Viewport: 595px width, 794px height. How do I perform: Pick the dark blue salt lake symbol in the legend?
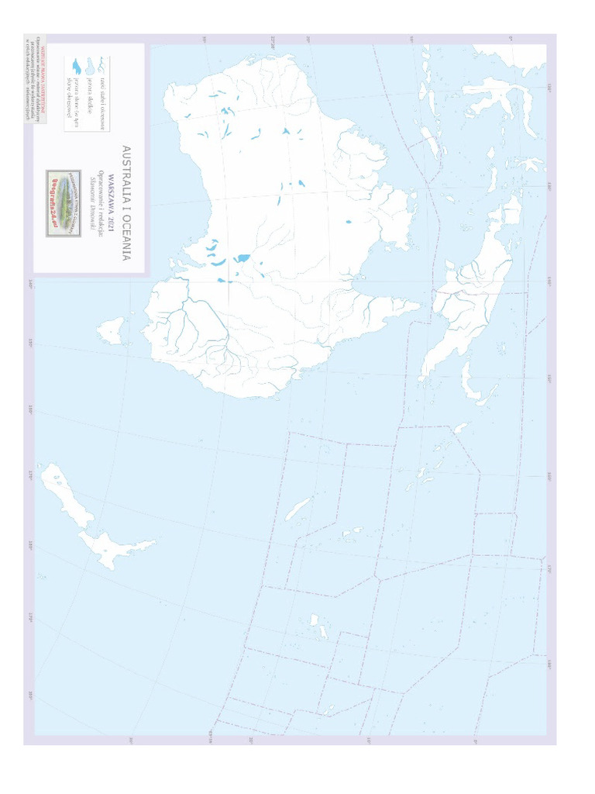76,66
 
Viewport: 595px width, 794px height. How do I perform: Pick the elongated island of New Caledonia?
298,509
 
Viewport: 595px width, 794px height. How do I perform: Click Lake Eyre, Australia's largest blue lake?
242,257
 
